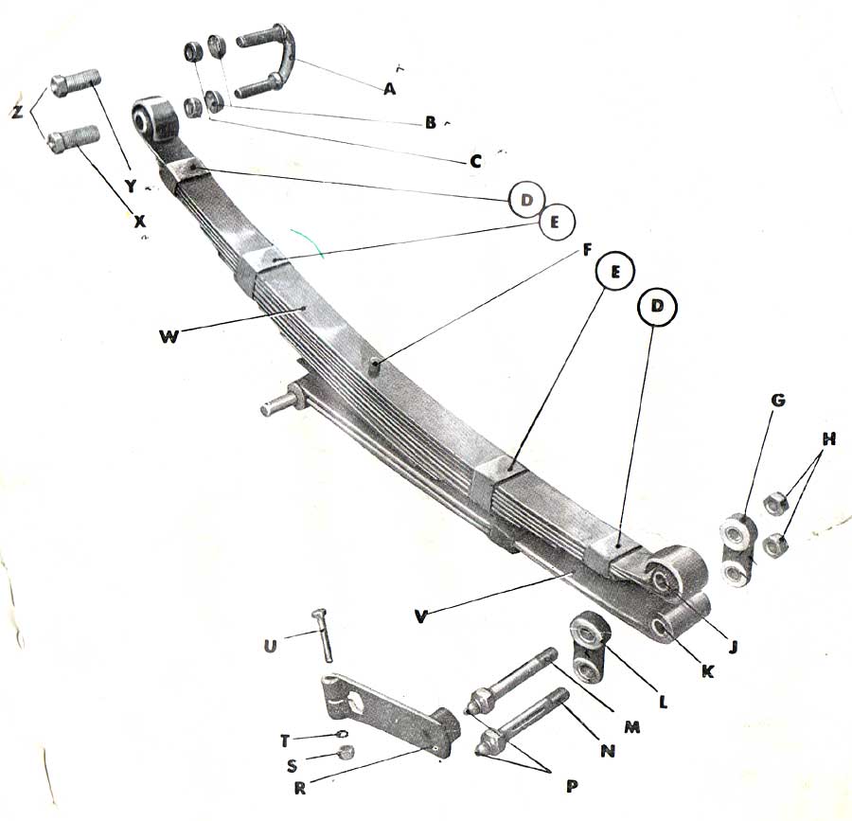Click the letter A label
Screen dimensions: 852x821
click(x=389, y=89)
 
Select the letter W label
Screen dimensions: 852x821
click(x=169, y=337)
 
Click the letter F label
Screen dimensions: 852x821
click(x=586, y=251)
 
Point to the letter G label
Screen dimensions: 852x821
click(x=778, y=401)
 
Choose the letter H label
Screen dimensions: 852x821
click(x=828, y=439)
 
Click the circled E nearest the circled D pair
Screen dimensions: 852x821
click(x=556, y=223)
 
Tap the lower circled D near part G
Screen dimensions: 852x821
click(x=657, y=307)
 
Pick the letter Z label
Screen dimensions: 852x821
click(x=17, y=112)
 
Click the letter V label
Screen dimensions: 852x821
click(x=421, y=616)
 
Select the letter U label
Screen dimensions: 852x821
click(x=270, y=646)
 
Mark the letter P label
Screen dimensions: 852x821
click(x=571, y=786)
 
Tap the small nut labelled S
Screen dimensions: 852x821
click(x=346, y=753)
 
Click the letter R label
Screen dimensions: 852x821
click(x=299, y=788)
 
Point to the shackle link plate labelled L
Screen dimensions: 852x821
click(x=590, y=646)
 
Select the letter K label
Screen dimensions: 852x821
click(x=706, y=671)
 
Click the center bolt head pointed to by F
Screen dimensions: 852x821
click(x=374, y=366)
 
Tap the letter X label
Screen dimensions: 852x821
click(x=140, y=221)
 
